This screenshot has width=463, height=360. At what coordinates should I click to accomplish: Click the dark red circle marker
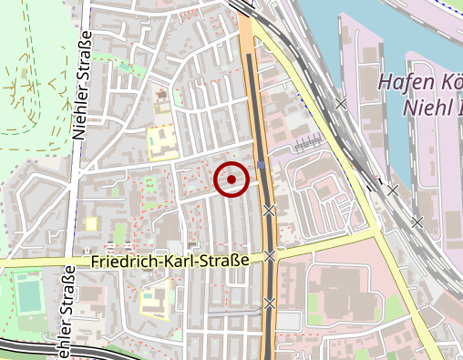click(x=231, y=180)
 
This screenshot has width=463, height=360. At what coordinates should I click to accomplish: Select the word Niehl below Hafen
click(x=422, y=109)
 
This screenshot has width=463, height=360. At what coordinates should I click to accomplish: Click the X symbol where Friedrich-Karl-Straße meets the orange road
click(x=270, y=256)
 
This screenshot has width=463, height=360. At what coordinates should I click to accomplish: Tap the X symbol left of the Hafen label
click(x=341, y=105)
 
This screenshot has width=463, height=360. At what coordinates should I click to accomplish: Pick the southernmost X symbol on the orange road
click(x=270, y=302)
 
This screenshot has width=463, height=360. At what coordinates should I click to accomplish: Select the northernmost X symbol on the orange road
click(x=269, y=211)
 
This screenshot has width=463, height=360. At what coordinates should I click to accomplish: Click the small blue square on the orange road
click(x=262, y=165)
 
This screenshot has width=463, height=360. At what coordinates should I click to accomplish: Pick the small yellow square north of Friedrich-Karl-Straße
click(x=90, y=223)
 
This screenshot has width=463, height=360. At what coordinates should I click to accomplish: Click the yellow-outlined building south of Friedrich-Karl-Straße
click(x=156, y=295)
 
